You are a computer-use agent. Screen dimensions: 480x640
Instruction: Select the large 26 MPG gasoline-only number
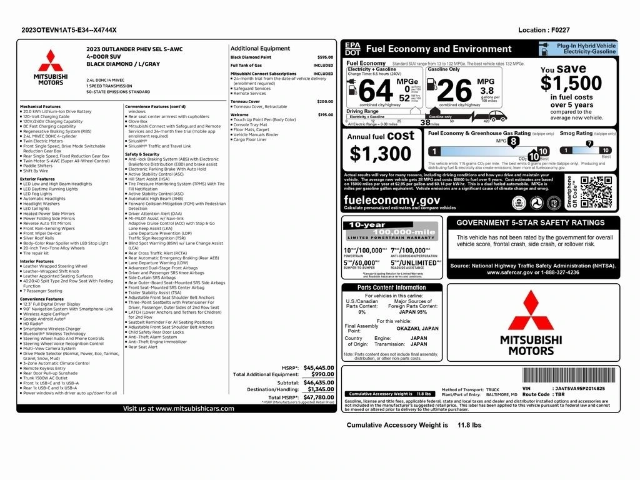tap(455, 91)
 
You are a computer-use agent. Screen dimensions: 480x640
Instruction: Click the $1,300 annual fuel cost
tap(381, 153)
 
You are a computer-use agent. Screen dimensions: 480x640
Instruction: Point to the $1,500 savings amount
tap(571, 83)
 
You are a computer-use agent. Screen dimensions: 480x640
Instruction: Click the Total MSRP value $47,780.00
tap(319, 397)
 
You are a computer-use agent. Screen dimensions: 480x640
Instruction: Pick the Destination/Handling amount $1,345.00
tap(321, 389)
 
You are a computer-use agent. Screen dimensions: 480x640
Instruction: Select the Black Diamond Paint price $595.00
tap(325, 57)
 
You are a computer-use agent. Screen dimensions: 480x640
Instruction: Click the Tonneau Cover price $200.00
tap(325, 101)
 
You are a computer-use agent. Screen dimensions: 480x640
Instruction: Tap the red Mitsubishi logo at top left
tap(51, 61)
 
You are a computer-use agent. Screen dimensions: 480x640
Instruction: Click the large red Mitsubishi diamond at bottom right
tap(531, 311)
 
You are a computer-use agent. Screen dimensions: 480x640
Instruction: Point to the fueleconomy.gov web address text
tap(392, 199)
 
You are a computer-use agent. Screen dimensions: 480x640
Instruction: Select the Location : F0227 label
tap(544, 30)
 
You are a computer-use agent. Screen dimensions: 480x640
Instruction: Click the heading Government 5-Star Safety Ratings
tap(533, 222)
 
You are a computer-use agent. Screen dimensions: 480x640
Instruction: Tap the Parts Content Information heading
tap(391, 287)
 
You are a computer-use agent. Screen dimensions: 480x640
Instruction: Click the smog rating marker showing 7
tap(589, 144)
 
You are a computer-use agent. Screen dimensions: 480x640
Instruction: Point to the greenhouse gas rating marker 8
tap(513, 142)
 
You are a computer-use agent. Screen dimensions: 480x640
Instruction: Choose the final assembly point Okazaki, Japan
tap(417, 328)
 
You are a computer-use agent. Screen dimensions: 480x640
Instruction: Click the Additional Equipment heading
tap(260, 48)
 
